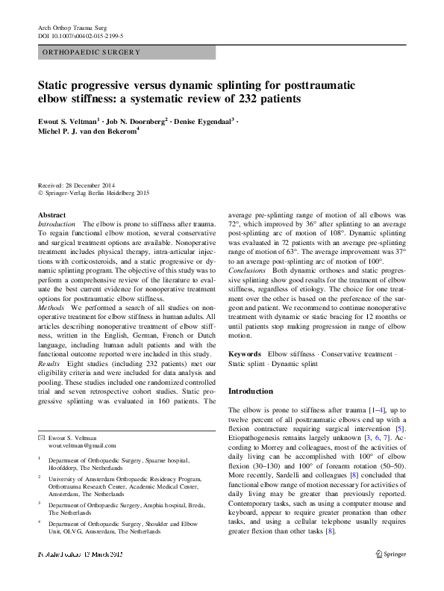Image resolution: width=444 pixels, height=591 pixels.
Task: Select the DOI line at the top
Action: point(80,35)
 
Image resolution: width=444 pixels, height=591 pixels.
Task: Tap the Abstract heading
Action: point(51,215)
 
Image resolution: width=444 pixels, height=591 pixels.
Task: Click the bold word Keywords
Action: point(244,353)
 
